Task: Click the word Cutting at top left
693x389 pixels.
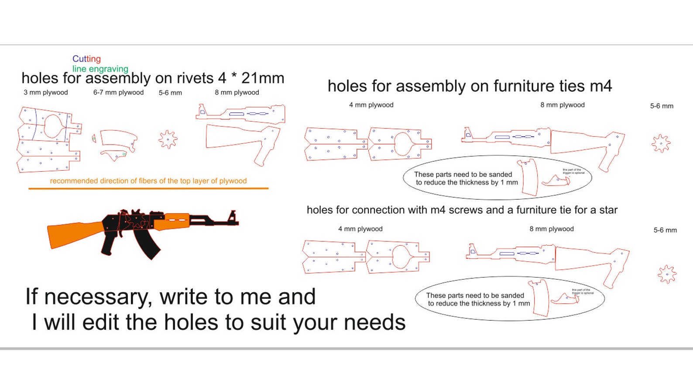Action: click(x=86, y=59)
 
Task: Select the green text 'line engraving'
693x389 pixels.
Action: click(x=100, y=69)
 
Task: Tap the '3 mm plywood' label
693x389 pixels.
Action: click(x=46, y=92)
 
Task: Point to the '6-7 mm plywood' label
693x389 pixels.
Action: click(x=118, y=92)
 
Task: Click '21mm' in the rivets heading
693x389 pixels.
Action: click(x=263, y=78)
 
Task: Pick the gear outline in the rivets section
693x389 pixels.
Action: click(x=168, y=139)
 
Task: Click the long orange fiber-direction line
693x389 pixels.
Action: click(x=148, y=189)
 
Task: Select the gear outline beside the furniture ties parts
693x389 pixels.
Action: click(x=661, y=143)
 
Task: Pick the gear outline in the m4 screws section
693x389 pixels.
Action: click(x=667, y=274)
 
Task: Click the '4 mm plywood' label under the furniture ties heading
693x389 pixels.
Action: click(x=371, y=105)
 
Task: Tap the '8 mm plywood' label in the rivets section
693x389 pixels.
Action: click(x=237, y=92)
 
